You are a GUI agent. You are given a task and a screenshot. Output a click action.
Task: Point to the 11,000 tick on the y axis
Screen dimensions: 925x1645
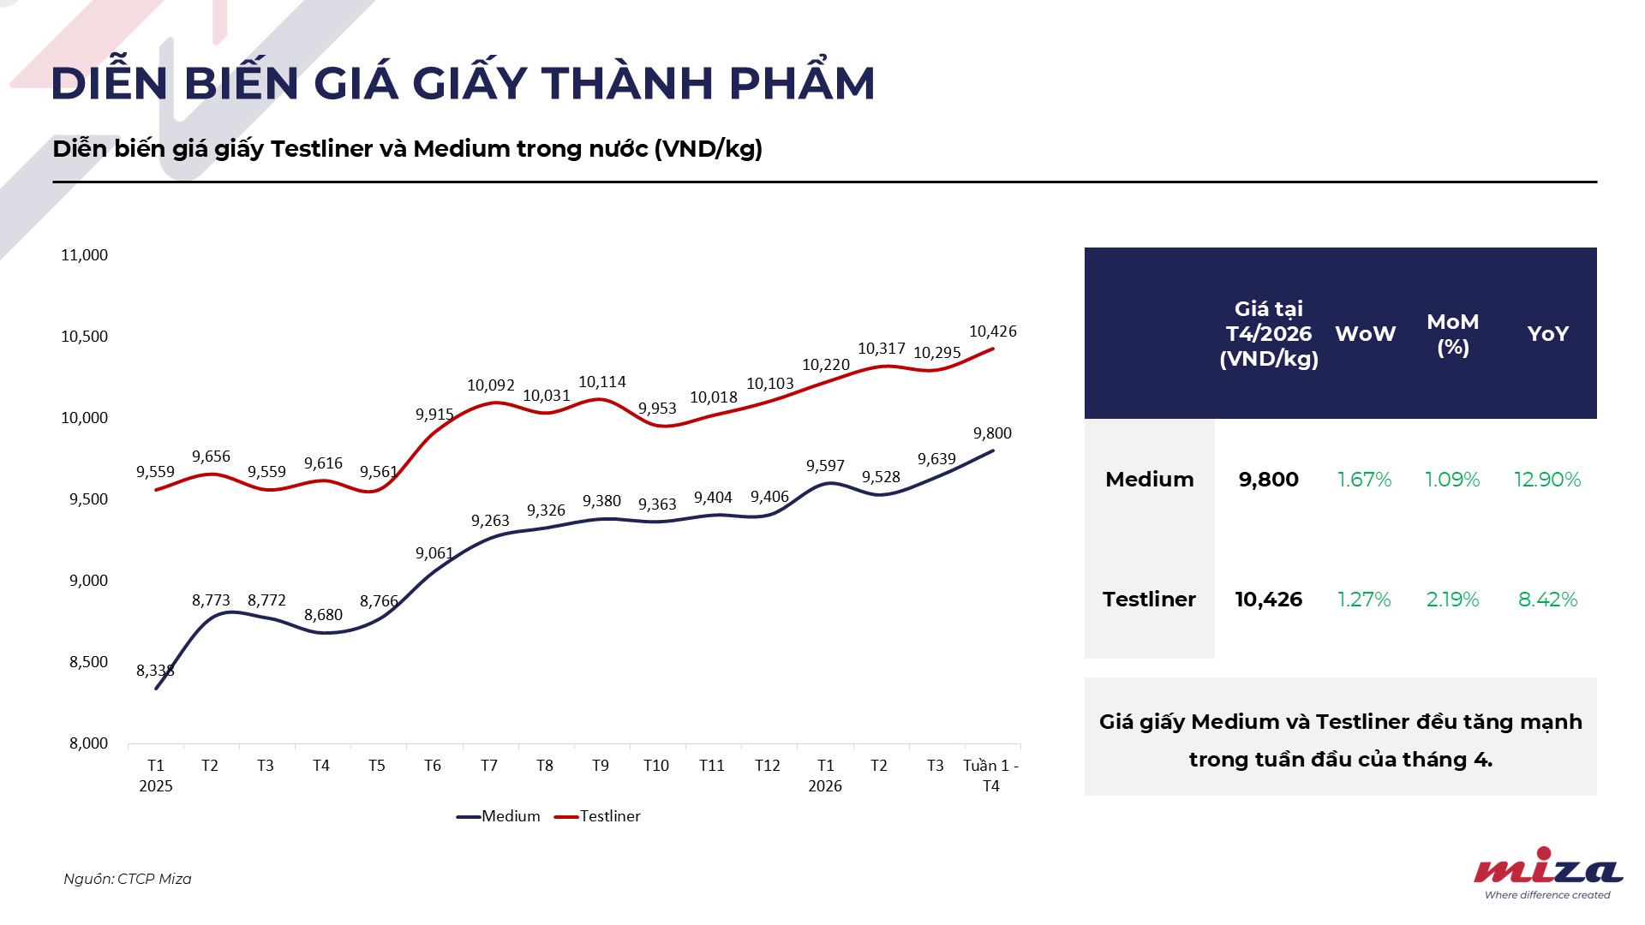(85, 255)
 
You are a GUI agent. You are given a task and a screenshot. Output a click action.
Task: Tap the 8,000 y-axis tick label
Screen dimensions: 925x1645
(89, 743)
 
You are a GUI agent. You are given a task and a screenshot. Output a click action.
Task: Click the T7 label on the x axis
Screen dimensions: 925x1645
(488, 766)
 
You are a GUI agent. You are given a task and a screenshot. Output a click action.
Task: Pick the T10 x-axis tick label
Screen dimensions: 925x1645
(655, 766)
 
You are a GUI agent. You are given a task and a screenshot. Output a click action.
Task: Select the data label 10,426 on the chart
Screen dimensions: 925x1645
(992, 331)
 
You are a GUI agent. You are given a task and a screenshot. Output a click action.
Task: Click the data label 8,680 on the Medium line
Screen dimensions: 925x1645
(323, 615)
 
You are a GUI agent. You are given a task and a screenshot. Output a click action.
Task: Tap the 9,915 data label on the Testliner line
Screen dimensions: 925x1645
(434, 415)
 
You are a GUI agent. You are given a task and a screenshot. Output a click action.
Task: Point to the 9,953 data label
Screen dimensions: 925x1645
(657, 409)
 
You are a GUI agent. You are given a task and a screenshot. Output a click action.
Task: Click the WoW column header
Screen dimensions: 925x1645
(1365, 334)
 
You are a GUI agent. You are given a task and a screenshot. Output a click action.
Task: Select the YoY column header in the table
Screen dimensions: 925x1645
(1547, 334)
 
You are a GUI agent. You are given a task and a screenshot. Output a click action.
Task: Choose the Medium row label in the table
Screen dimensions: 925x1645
(1149, 480)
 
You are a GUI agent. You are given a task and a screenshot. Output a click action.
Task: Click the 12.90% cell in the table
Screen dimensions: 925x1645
(1546, 480)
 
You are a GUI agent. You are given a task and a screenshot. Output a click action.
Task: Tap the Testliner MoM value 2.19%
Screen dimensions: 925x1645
(1452, 600)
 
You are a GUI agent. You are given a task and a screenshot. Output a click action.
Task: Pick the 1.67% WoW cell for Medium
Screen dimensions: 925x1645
(1364, 480)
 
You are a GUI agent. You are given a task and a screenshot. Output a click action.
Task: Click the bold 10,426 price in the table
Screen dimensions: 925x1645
(1268, 600)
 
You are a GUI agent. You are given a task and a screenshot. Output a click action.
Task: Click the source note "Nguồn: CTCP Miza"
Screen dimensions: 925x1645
(128, 879)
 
